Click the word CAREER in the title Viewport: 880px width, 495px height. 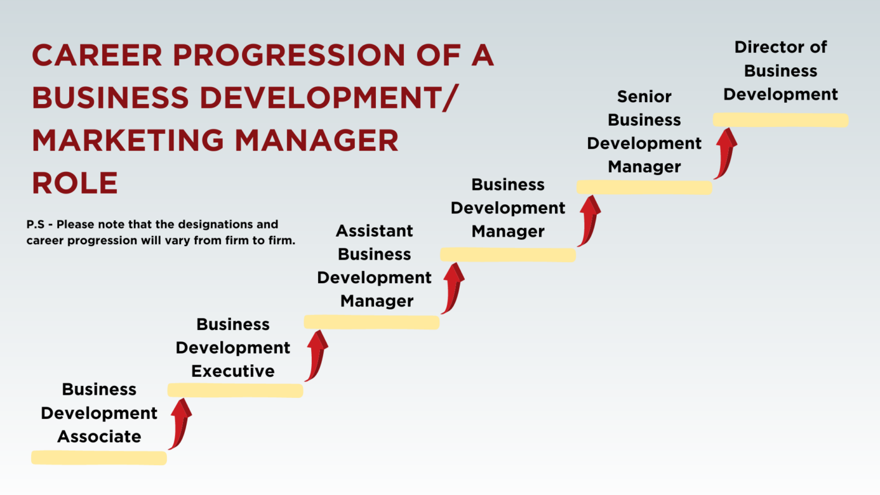click(97, 55)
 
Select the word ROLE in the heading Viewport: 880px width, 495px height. click(75, 183)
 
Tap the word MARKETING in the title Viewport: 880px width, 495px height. click(128, 140)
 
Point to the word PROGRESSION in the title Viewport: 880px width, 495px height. click(289, 55)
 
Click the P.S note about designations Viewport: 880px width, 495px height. click(161, 232)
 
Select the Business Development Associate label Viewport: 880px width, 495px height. click(99, 413)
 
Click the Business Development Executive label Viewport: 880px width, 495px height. click(233, 347)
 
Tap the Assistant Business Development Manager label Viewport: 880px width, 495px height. click(375, 266)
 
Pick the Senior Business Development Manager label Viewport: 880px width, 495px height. click(644, 131)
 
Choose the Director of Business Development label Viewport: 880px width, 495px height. click(780, 71)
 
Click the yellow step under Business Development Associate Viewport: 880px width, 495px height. click(99, 458)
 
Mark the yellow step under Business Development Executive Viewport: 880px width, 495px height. click(235, 390)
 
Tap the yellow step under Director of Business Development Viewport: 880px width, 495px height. click(780, 120)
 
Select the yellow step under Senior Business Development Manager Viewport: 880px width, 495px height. click(644, 187)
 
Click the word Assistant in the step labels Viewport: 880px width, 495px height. click(375, 231)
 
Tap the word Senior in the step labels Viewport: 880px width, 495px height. click(644, 97)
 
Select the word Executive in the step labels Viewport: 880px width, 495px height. click(233, 371)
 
